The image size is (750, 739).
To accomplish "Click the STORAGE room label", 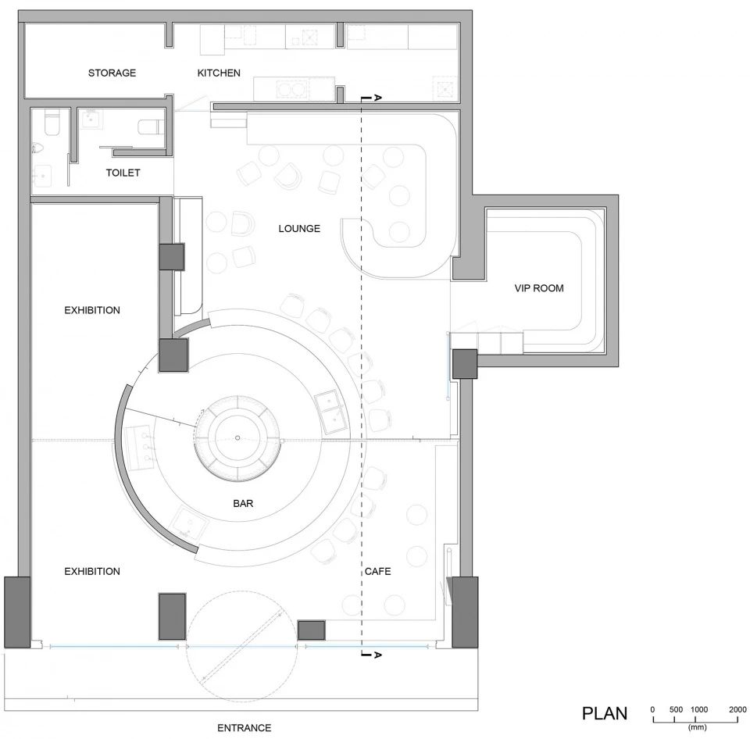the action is point(112,73).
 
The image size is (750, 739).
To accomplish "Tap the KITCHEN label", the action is point(219,73).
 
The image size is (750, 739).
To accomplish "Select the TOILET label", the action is point(123,173).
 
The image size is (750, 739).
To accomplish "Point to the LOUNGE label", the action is point(299,229).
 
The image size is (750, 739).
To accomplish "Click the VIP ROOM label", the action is point(539,288).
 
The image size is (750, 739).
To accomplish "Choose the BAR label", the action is point(243,503).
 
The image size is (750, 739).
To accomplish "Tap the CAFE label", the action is point(377,571).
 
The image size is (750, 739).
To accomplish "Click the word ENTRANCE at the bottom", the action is point(244,727).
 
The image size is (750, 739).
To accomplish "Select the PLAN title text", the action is point(605,713).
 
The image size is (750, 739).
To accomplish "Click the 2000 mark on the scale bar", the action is point(737,710).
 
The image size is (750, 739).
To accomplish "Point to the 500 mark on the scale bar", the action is point(676,710).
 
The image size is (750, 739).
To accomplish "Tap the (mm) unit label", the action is point(698,727).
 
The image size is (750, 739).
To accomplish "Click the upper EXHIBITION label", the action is point(92,310).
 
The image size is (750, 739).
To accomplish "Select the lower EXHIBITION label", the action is point(92,571).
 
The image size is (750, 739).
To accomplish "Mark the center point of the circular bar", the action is point(237,437).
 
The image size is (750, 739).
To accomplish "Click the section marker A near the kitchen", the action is point(377,98).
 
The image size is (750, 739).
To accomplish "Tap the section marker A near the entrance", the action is point(377,655).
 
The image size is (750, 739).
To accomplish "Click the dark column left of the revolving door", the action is point(172,616).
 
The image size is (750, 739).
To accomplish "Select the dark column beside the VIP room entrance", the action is point(465,364).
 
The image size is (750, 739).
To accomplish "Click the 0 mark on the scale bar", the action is point(652,710).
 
